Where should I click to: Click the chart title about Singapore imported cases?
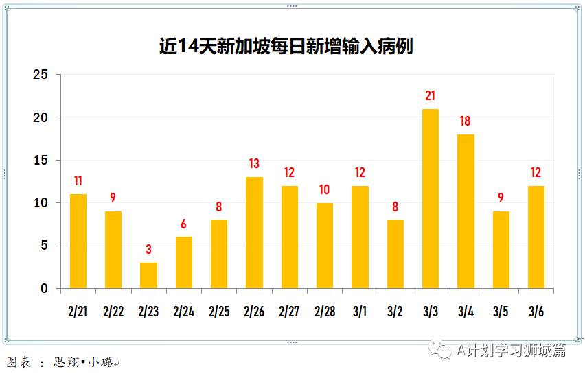[286, 46]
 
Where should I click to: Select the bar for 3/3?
[430, 199]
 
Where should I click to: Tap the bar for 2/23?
[148, 275]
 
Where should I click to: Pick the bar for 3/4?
[466, 211]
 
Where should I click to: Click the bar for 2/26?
[254, 233]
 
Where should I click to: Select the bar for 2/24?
[184, 263]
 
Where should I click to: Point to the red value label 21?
[430, 96]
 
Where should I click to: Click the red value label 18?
[466, 121]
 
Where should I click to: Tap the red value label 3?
[148, 250]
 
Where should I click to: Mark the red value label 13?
[254, 164]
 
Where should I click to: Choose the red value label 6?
[184, 224]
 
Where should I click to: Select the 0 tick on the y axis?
[45, 289]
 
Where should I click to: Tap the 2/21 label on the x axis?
[78, 312]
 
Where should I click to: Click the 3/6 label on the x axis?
[536, 312]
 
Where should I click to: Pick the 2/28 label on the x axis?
[324, 312]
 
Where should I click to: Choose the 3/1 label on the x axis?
[360, 312]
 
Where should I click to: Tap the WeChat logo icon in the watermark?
[441, 351]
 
